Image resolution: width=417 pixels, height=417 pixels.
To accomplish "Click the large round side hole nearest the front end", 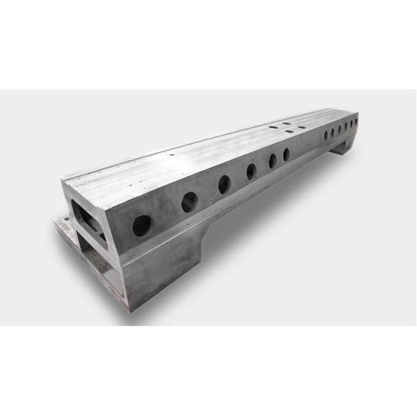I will coord(142,224).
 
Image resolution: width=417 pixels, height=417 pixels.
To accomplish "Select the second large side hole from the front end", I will coord(189,202).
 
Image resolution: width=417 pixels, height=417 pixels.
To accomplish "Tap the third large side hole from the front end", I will coord(224,184).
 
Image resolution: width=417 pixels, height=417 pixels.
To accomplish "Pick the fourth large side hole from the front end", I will coord(251,172).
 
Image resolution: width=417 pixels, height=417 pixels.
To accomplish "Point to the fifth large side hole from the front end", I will coord(272,161).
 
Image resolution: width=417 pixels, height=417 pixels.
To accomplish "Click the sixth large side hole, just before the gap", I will coord(286,154).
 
